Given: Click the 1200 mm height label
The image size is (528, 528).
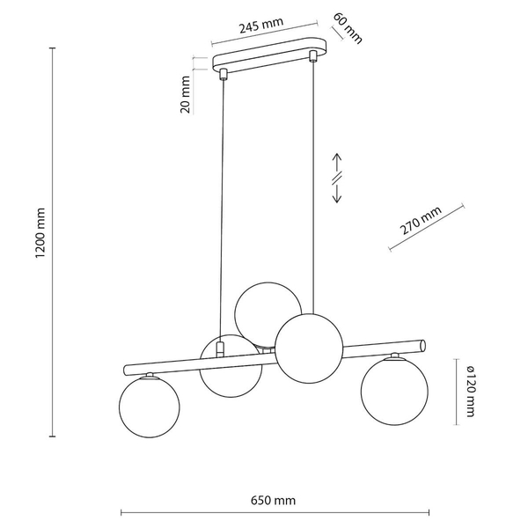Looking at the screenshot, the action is pos(40,233).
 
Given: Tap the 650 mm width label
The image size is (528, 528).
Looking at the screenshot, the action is pos(273,501).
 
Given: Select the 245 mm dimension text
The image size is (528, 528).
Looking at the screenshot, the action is pos(261,26).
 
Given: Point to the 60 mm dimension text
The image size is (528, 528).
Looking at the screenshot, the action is pos(348,29).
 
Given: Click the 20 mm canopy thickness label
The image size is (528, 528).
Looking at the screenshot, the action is pos(186,94).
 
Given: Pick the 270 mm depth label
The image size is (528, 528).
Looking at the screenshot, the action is pos(421,220).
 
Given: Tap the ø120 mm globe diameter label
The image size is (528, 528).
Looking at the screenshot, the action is pos(471,392).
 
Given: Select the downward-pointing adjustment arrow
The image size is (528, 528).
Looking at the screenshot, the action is pos(337,194).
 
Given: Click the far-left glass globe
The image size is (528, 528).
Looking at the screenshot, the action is pos(150,407).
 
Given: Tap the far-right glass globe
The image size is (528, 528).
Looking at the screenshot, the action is pos(394,392).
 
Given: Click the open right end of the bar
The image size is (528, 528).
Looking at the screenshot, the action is pos(423,346).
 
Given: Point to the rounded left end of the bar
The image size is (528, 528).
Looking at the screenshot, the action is pos(126,370).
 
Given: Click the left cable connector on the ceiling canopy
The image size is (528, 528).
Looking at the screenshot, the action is pos(223,74).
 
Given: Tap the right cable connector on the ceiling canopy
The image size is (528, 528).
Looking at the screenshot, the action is pos(313,55).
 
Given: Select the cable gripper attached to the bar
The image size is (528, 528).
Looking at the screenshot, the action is pos(220,349).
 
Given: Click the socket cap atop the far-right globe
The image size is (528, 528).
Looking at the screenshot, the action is pos(394,356).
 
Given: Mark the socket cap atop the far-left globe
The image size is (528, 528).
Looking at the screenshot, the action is pos(150,376).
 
